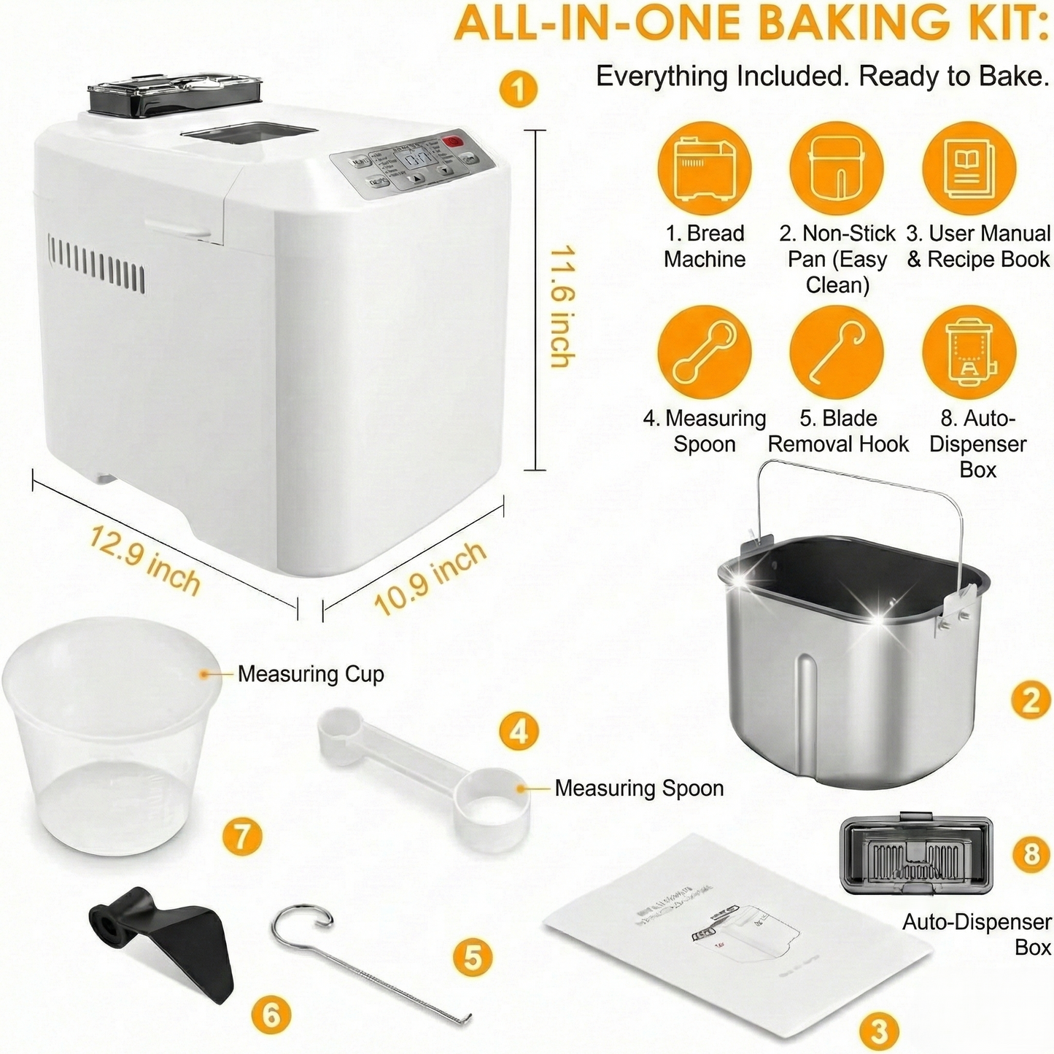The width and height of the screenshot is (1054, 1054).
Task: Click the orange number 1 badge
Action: (x=519, y=89)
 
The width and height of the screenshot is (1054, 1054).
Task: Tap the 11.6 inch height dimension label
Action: (x=562, y=306)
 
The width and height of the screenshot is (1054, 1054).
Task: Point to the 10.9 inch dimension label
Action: (x=430, y=578)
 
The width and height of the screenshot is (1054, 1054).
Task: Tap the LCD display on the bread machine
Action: (x=416, y=160)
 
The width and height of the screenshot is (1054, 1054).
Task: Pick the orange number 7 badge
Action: (x=243, y=837)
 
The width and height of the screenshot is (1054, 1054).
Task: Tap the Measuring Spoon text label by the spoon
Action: (x=639, y=788)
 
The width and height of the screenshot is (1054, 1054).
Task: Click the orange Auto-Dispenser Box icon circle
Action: (x=969, y=352)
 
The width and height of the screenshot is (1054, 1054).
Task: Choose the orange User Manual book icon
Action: (x=969, y=168)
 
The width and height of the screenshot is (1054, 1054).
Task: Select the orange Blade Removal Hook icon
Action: (x=837, y=352)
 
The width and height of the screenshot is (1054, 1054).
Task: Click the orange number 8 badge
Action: (x=1031, y=853)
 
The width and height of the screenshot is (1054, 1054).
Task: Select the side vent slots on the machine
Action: (x=96, y=261)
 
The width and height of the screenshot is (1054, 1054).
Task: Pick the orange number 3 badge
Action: (x=878, y=1031)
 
